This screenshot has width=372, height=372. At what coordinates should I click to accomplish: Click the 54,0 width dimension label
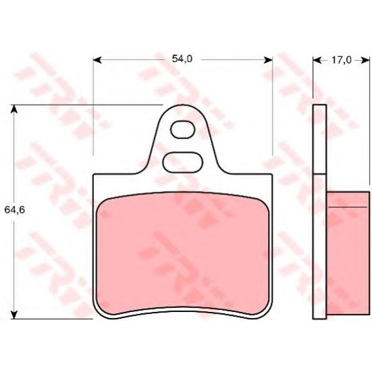(182, 59)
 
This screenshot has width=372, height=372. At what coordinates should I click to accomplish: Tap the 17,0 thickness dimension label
(341, 60)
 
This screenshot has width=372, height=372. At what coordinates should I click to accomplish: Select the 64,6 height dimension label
(14, 209)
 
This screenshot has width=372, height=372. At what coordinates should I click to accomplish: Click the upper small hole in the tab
(183, 129)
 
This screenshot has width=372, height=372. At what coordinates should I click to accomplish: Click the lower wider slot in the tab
(183, 162)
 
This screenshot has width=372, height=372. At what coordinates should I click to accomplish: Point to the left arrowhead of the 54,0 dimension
(97, 60)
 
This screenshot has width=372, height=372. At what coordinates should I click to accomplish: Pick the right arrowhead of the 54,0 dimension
(268, 60)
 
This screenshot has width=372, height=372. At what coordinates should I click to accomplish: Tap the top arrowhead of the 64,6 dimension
(14, 109)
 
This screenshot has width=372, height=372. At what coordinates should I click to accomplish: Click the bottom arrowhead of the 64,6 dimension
(14, 314)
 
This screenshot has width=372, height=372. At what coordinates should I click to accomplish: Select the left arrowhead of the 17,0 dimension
(317, 61)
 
